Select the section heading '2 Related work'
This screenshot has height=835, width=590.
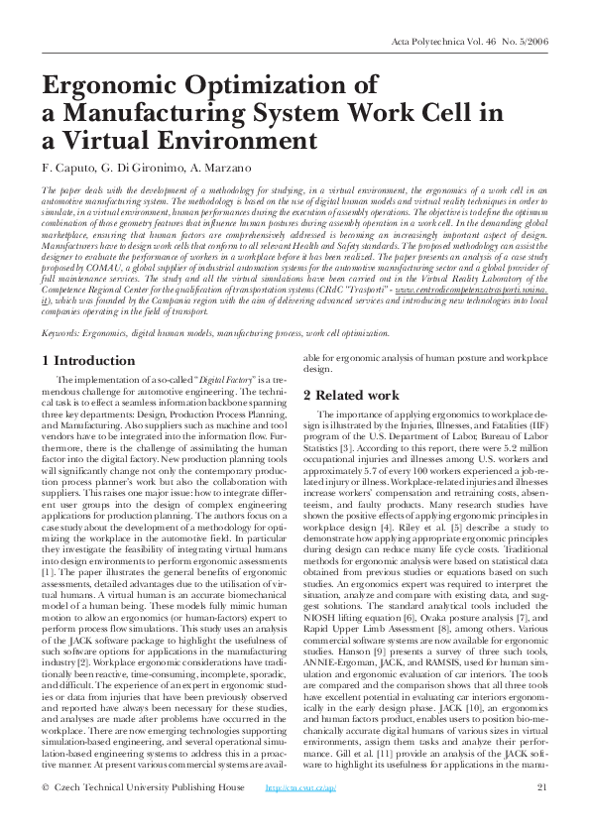pos(352,395)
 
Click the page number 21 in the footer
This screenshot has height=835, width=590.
pos(541,815)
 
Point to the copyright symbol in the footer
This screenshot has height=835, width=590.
pos(46,815)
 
